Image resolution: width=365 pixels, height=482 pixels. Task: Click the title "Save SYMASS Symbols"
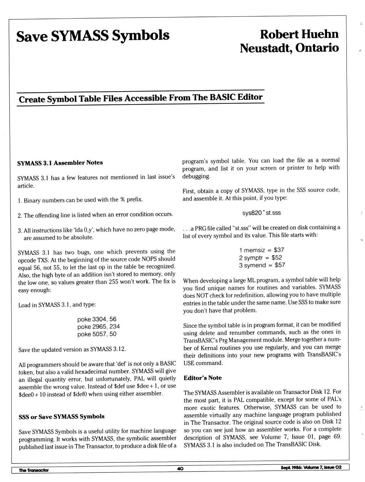pos(93,36)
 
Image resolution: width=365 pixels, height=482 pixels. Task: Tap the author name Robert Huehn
pos(299,34)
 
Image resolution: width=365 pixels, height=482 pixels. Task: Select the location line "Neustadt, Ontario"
pos(289,48)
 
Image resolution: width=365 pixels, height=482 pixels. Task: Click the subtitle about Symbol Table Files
pos(140,98)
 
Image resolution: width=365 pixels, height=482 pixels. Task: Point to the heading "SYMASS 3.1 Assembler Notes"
pos(60,163)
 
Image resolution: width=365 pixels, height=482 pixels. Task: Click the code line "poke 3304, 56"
pos(97,319)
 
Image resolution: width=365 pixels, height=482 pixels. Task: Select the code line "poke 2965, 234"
pos(98,327)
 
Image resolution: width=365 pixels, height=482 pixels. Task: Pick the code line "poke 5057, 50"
pos(97,334)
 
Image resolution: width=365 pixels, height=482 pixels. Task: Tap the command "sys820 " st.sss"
pos(261,213)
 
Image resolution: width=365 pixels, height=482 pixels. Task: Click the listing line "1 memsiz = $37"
pos(262,250)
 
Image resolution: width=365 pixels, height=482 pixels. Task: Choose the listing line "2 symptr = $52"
pos(260,258)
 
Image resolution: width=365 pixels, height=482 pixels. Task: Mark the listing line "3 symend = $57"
pos(262,265)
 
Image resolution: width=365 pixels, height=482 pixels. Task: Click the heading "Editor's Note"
pos(203,378)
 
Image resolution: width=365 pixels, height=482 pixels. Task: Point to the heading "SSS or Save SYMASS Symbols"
pos(61,417)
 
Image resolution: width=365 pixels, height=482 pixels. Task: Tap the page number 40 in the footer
pos(180,469)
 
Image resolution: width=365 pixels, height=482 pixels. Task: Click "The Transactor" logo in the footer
pos(34,470)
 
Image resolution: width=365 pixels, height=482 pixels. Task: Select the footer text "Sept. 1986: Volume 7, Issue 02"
pos(311,468)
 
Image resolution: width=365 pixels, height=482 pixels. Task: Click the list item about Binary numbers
pos(80,200)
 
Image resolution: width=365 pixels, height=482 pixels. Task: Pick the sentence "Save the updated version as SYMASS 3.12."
pos(72,349)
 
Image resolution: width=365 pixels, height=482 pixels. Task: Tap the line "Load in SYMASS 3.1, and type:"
pos(57,305)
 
